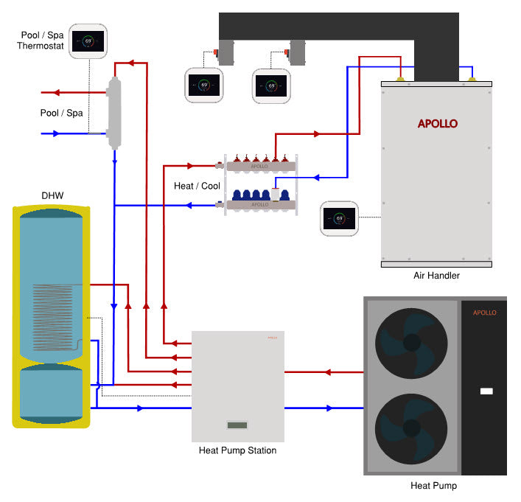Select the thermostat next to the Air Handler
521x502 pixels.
[339, 218]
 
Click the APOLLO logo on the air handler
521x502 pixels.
[437, 123]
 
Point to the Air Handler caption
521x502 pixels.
[437, 275]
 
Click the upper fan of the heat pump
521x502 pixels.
[411, 342]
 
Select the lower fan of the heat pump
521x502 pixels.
[411, 429]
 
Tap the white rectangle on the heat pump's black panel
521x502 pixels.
[486, 391]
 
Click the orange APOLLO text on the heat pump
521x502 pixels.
[484, 313]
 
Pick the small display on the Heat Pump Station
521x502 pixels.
[237, 425]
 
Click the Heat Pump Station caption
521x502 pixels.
[237, 450]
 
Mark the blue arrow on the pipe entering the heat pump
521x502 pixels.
[329, 408]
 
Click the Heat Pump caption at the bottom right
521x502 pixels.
[433, 486]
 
